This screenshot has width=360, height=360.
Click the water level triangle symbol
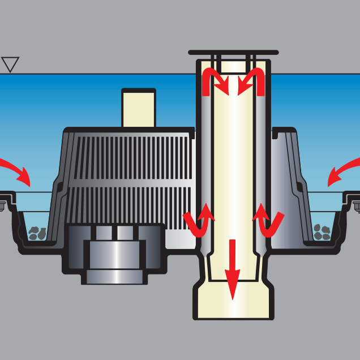pyautogui.click(x=10, y=64)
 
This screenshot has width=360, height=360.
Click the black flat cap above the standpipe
pyautogui.click(x=233, y=52)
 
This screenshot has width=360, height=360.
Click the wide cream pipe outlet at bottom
pyautogui.click(x=233, y=300)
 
